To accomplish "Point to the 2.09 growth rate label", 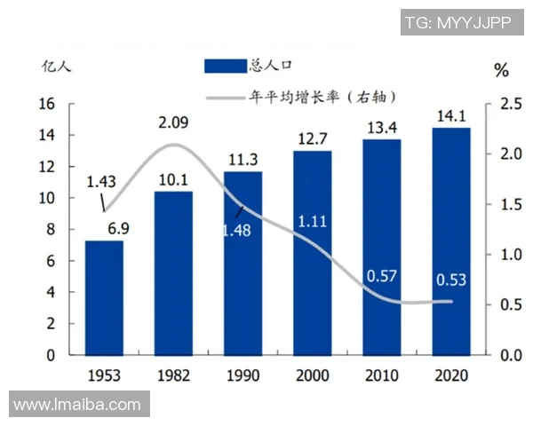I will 174,122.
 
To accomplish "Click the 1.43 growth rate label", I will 101,182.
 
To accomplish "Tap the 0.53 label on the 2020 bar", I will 450,280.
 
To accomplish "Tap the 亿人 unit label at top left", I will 54,66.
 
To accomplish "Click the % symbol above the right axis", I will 502,70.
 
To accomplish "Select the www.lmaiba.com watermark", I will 77,405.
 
